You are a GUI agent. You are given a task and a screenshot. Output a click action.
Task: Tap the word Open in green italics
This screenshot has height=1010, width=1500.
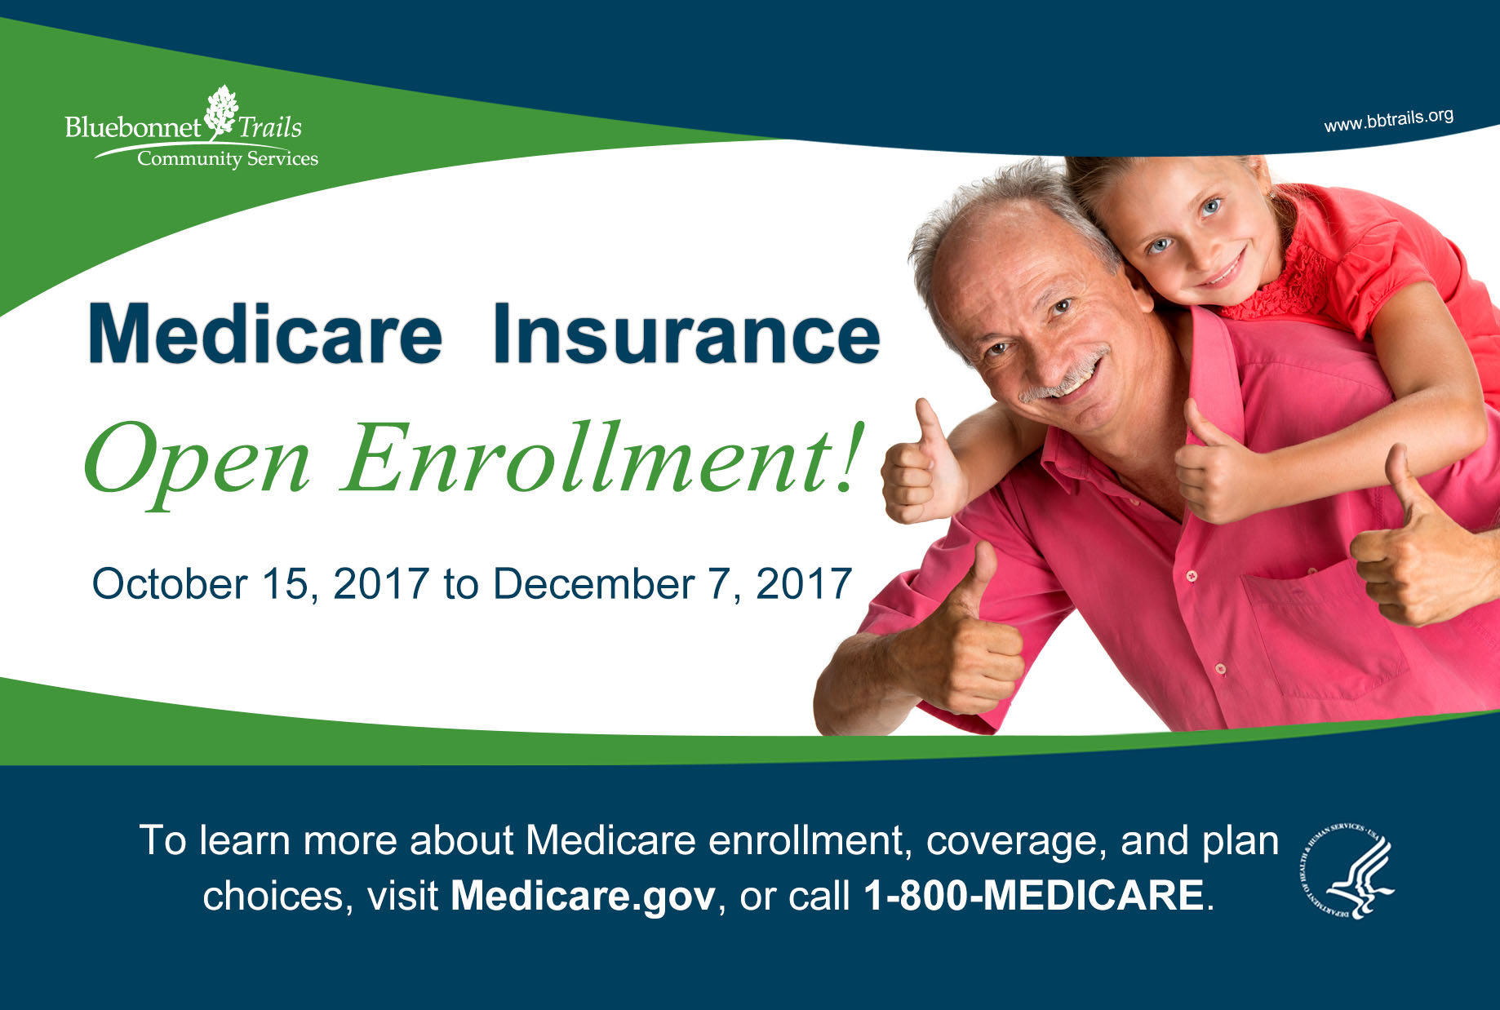197,461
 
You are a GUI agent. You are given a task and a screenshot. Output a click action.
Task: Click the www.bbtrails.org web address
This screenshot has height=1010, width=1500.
1389,120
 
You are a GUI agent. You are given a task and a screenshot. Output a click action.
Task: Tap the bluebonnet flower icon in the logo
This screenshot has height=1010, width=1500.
221,113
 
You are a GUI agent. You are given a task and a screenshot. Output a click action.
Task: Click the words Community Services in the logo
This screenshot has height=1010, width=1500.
228,158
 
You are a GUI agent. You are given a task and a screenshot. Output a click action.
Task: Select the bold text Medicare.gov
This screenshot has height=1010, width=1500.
584,895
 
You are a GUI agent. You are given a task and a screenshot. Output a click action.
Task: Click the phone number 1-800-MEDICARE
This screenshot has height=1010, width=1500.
1033,895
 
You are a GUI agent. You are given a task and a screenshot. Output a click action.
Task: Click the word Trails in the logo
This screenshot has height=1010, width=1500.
270,127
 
